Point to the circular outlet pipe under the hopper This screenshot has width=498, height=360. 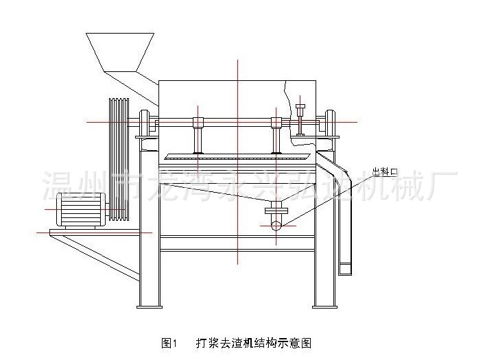pos(276,223)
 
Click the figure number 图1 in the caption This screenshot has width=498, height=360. pos(169,341)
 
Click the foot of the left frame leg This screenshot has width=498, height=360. pos(150,306)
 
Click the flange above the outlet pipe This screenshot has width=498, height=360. pos(276,208)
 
